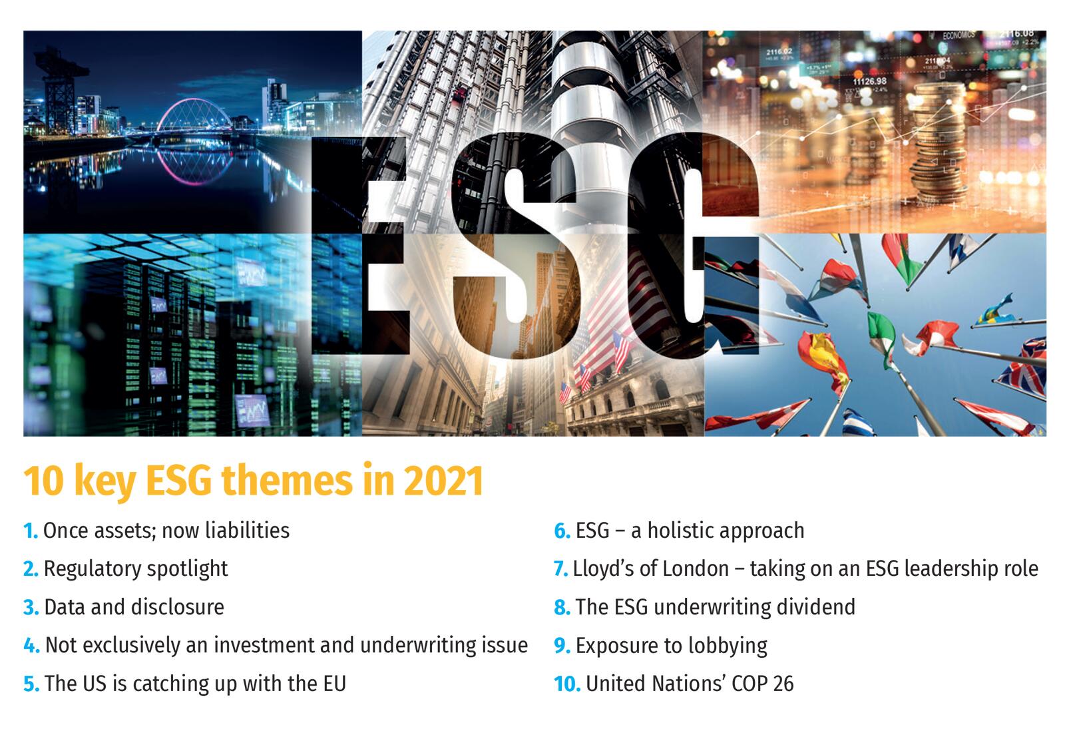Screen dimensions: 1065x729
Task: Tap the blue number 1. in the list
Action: pyautogui.click(x=31, y=531)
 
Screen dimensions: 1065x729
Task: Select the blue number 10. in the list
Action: pyautogui.click(x=567, y=684)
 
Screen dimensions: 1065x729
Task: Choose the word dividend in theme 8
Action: pyautogui.click(x=816, y=607)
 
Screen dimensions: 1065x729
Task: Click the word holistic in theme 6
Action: pyautogui.click(x=682, y=530)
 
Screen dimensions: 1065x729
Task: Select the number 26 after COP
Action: pyautogui.click(x=783, y=684)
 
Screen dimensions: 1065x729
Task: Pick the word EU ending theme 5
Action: pyautogui.click(x=335, y=684)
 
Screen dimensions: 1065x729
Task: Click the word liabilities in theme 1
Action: pyautogui.click(x=247, y=530)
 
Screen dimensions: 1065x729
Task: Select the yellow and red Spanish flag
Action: pyautogui.click(x=823, y=359)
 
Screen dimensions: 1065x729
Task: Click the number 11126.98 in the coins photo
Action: pyautogui.click(x=869, y=82)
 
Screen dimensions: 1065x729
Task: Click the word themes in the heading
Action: pyautogui.click(x=287, y=481)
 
